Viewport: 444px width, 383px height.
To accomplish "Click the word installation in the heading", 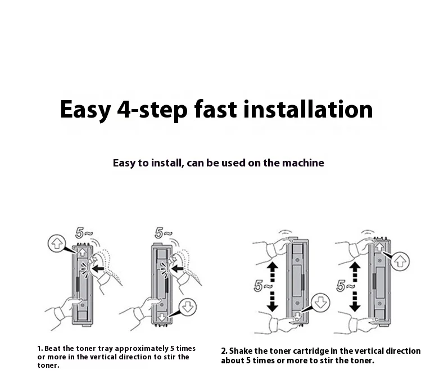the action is tap(308, 109).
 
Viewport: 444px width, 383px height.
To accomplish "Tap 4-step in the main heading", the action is tap(152, 111).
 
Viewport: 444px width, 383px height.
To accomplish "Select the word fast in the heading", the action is tap(215, 109).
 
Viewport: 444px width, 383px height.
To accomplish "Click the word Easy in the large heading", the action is tap(85, 111).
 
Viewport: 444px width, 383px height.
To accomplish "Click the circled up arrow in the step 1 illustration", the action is tap(57, 244).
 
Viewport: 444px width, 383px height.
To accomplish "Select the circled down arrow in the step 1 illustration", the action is tap(188, 307).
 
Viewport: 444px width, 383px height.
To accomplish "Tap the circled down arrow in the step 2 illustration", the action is tap(320, 302).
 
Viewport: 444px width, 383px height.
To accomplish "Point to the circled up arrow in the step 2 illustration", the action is tap(400, 261).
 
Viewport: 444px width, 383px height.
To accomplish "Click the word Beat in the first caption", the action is tap(52, 349).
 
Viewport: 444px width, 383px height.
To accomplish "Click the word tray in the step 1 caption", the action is tap(105, 349).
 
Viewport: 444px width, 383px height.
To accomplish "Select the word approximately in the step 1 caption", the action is tap(142, 349).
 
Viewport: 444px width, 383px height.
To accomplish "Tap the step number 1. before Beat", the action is tap(40, 349).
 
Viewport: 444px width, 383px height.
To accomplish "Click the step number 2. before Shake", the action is tap(224, 351).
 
